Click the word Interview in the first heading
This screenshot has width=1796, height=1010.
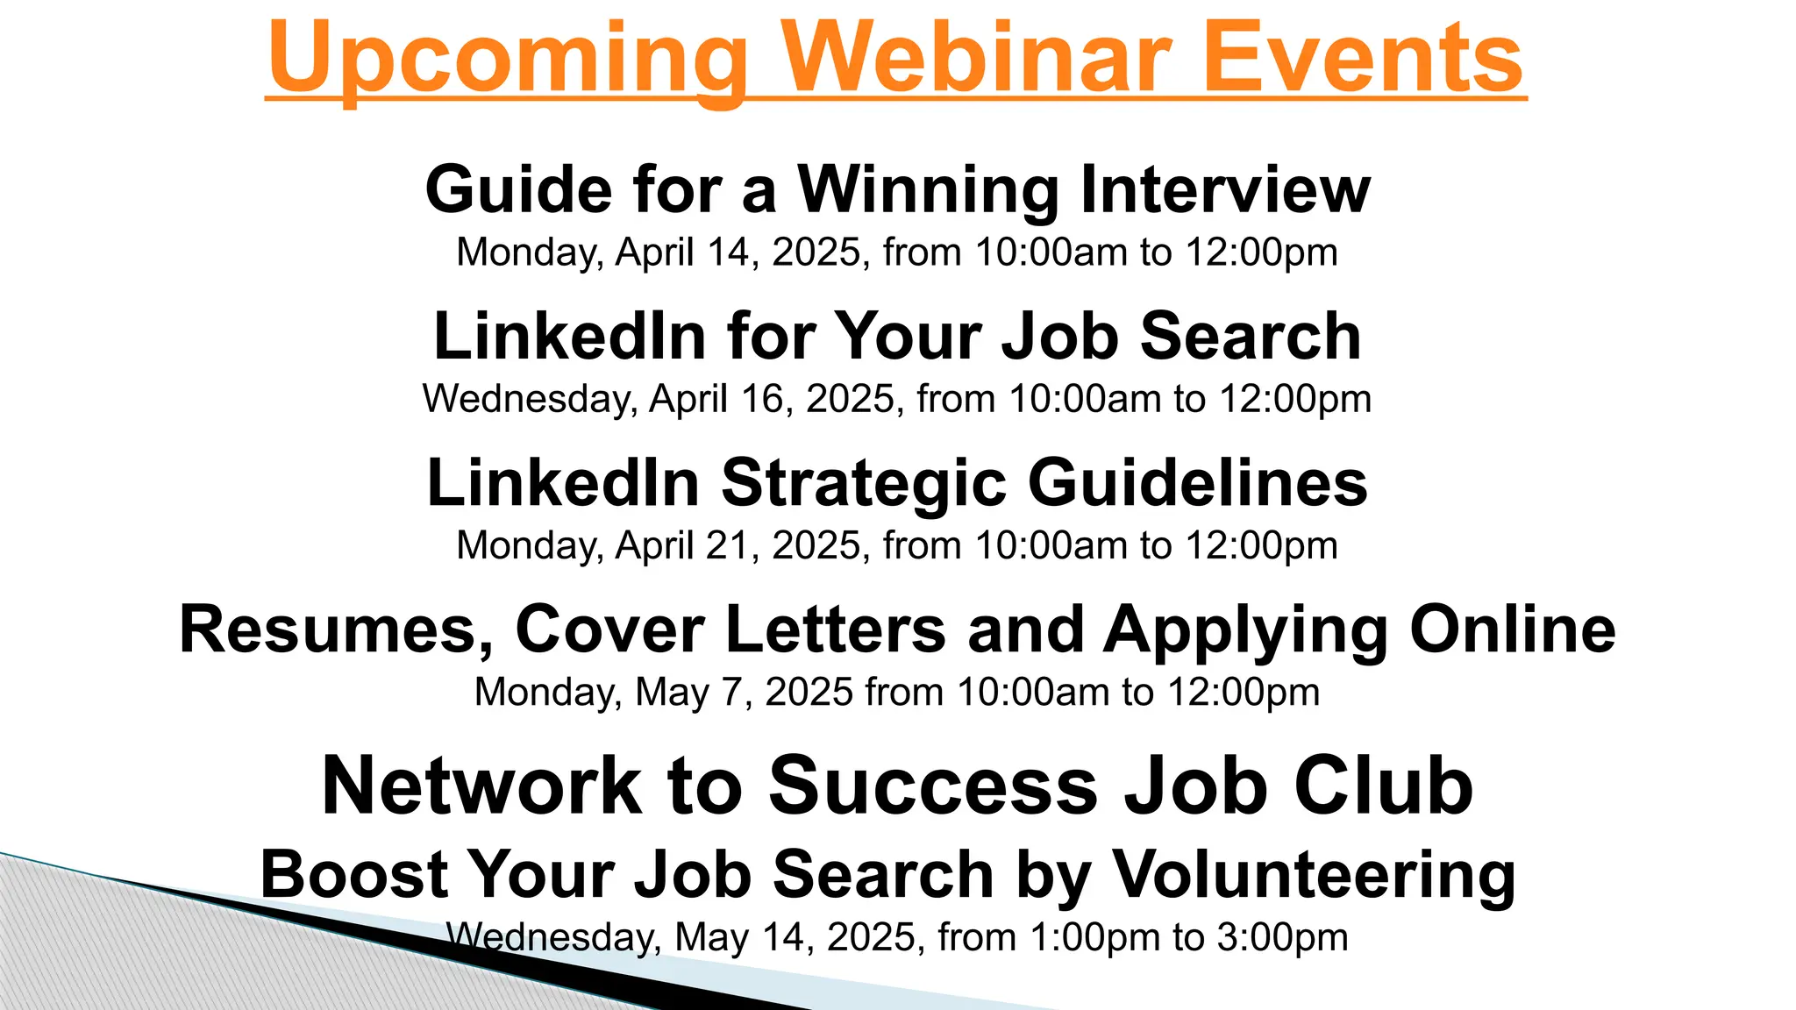1225,189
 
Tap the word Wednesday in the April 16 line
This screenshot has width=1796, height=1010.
530,399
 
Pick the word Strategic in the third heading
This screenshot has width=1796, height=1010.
864,484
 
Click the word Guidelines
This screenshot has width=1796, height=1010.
1197,483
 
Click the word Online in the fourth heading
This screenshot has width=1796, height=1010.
1512,629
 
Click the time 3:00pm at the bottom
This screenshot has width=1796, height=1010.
1281,937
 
